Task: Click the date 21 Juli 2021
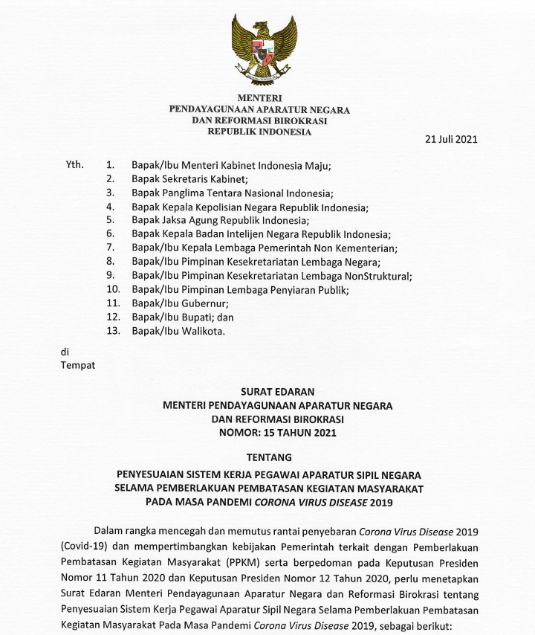(x=450, y=139)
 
